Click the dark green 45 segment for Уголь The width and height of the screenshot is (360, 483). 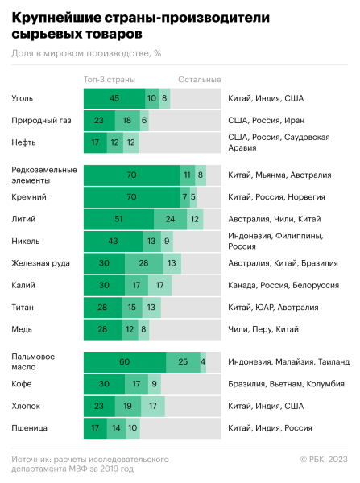pyautogui.click(x=114, y=98)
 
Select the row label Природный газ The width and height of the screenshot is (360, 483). pyautogui.click(x=39, y=121)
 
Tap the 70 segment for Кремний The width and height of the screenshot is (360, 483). pyautogui.click(x=131, y=196)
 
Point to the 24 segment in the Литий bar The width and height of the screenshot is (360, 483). pyautogui.click(x=170, y=218)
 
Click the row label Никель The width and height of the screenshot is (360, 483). pyautogui.click(x=27, y=241)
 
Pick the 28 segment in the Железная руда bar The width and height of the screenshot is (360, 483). pyautogui.click(x=143, y=262)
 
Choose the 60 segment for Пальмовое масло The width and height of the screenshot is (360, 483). pyautogui.click(x=125, y=362)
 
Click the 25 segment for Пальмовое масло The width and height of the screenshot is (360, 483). pyautogui.click(x=183, y=362)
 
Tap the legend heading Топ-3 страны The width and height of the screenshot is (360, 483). pyautogui.click(x=109, y=79)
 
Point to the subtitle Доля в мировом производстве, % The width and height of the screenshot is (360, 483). pyautogui.click(x=86, y=53)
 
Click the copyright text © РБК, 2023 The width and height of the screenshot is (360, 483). pyautogui.click(x=324, y=459)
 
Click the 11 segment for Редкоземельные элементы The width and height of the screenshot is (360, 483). pyautogui.click(x=188, y=174)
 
